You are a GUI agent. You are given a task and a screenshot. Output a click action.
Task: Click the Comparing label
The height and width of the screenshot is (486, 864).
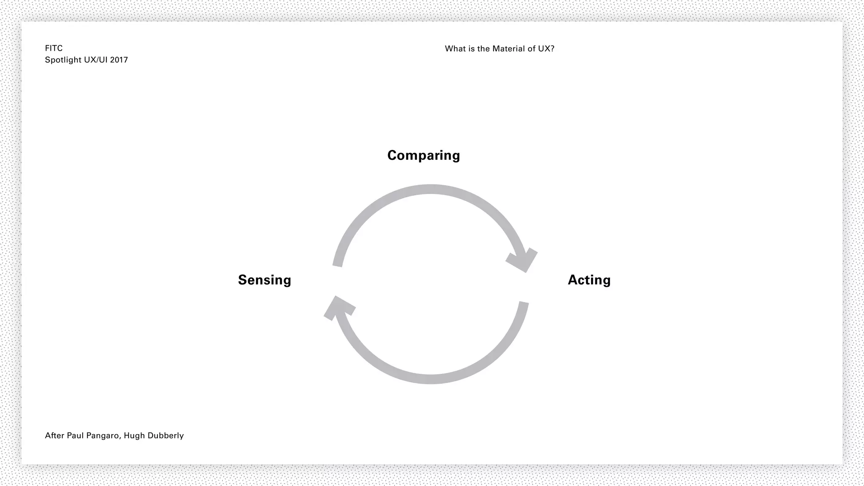click(x=424, y=156)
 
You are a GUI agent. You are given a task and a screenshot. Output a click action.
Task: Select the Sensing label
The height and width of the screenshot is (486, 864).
click(x=265, y=280)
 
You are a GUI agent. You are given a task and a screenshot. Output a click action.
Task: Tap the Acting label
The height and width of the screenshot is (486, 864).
click(x=589, y=280)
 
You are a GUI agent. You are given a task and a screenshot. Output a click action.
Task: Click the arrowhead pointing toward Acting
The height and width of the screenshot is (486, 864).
click(x=523, y=260)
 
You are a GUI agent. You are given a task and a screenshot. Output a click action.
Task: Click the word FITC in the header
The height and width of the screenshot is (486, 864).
click(x=54, y=49)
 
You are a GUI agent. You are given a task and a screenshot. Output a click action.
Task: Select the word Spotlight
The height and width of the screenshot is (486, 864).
click(x=63, y=60)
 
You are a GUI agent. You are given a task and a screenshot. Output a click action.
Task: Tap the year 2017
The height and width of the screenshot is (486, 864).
click(x=119, y=60)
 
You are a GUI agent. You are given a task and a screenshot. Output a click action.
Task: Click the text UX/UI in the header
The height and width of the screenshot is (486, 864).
click(x=96, y=60)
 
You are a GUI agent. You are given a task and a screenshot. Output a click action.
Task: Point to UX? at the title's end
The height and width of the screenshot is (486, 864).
click(x=546, y=49)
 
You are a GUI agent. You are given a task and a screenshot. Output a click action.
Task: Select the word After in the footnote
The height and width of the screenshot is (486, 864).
click(x=54, y=435)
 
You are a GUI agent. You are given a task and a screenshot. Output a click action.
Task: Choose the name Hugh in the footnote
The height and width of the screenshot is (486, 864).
click(x=134, y=436)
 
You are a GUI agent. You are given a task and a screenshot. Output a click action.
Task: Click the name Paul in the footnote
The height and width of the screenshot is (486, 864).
click(x=75, y=435)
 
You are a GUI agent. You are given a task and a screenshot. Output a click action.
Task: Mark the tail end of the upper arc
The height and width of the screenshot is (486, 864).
click(x=337, y=265)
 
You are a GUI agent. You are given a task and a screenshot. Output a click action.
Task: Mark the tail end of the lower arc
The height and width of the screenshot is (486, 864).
click(x=524, y=304)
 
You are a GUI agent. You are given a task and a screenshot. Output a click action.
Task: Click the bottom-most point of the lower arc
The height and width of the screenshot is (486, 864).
click(x=430, y=379)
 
